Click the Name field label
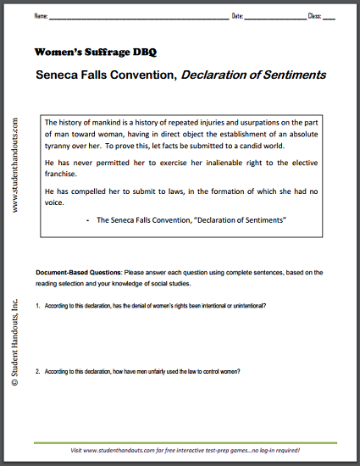pyautogui.click(x=41, y=16)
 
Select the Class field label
pyautogui.click(x=315, y=16)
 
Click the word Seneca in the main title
pyautogui.click(x=60, y=75)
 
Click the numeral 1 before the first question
pyautogui.click(x=37, y=306)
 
